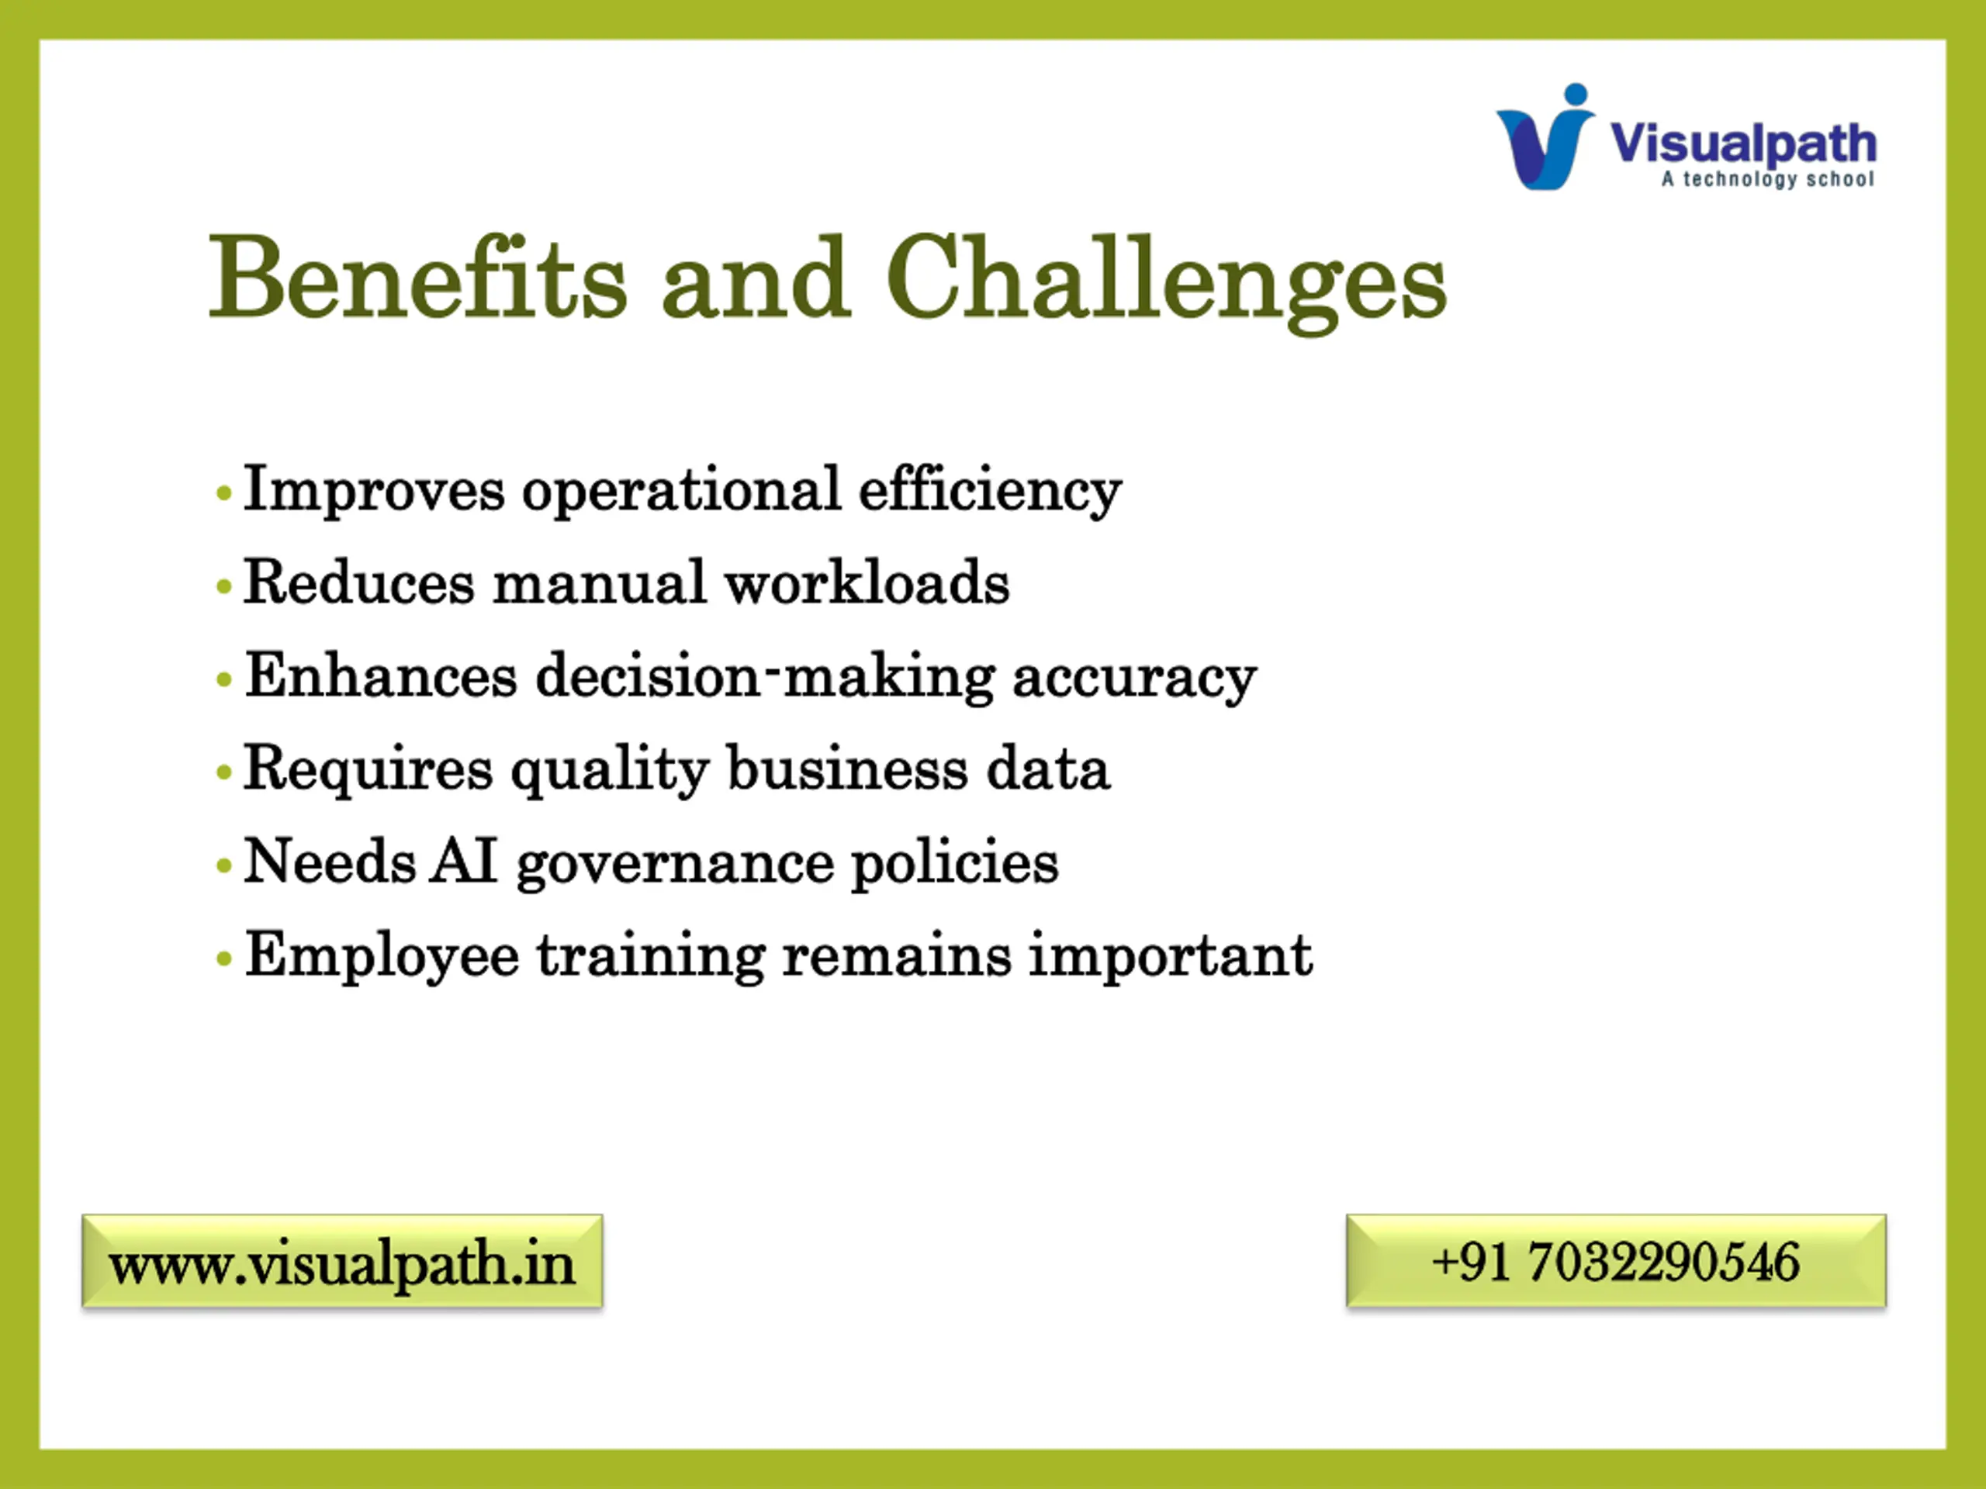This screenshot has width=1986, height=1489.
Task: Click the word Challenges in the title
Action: [1166, 284]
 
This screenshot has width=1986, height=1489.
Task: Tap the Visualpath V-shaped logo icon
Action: [1545, 136]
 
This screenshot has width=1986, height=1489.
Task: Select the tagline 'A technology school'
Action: [1767, 178]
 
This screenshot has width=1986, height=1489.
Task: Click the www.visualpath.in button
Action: [342, 1261]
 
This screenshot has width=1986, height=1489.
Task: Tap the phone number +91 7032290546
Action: [1615, 1261]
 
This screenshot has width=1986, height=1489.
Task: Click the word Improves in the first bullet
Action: [375, 491]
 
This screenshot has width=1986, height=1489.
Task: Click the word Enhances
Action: [381, 675]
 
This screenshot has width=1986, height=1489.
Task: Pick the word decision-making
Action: [765, 679]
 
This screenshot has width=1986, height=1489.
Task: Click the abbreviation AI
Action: [463, 861]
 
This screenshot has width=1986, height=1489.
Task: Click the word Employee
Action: [382, 958]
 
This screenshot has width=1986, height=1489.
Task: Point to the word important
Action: [1170, 957]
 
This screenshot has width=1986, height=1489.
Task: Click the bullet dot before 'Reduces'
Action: [224, 587]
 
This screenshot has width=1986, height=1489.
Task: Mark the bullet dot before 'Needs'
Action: [224, 866]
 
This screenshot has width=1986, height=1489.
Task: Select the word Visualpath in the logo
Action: [1742, 143]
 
